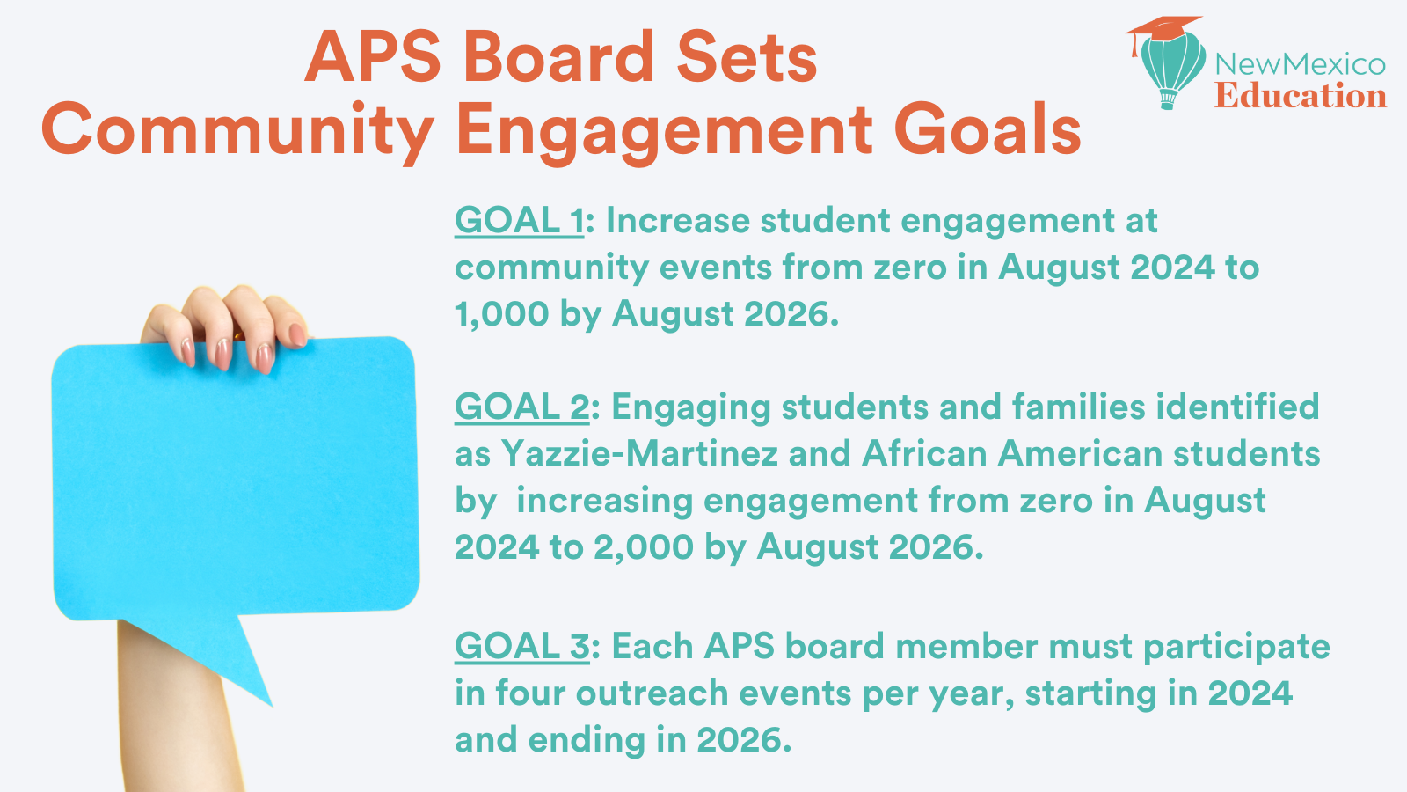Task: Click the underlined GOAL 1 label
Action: click(519, 221)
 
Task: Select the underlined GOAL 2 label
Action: click(522, 407)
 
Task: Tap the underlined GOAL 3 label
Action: click(522, 646)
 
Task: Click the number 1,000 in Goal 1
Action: click(502, 314)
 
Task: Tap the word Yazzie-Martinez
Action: click(639, 453)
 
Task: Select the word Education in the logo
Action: click(1301, 96)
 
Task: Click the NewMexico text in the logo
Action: click(1301, 64)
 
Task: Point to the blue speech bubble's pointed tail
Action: click(272, 705)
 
